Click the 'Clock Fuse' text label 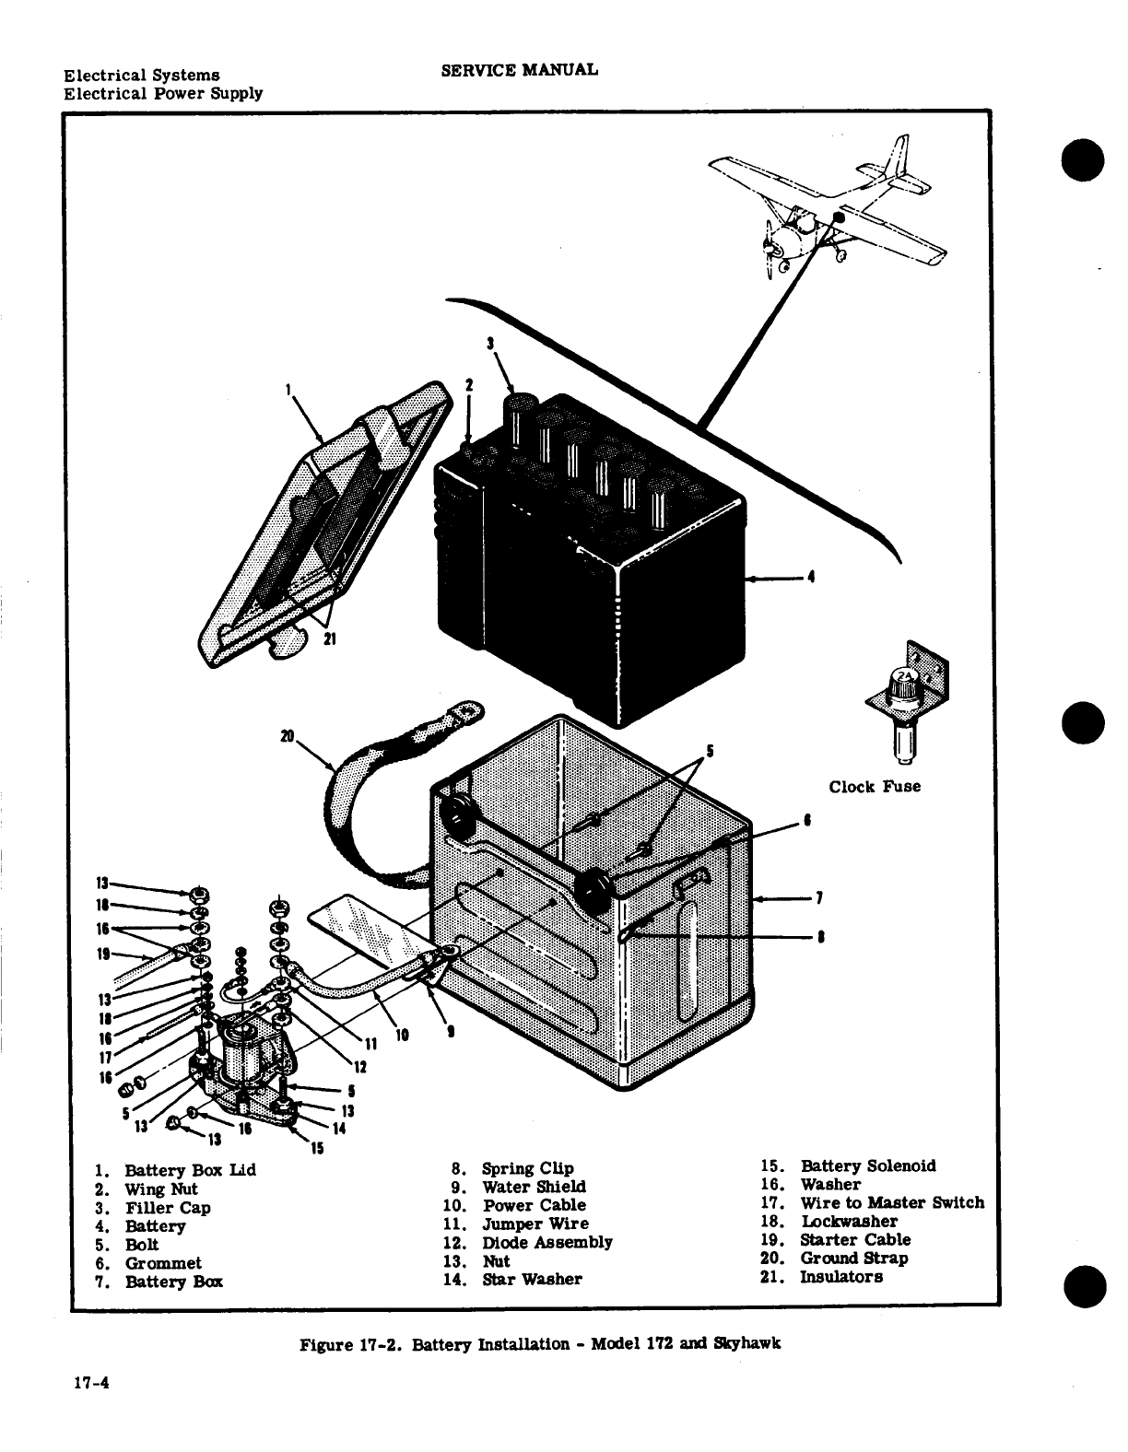pos(874,787)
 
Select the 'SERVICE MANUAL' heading pos(520,69)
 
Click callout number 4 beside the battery pos(811,579)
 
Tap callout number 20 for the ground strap pos(287,735)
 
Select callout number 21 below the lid pos(327,642)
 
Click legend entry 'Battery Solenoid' pos(867,1166)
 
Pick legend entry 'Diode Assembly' pos(546,1242)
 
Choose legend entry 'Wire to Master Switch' pos(891,1203)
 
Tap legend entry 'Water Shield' pos(534,1187)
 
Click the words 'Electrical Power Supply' pos(163,93)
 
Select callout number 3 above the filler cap pos(491,344)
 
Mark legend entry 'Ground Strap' pos(853,1259)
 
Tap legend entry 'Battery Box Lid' pos(190,1170)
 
